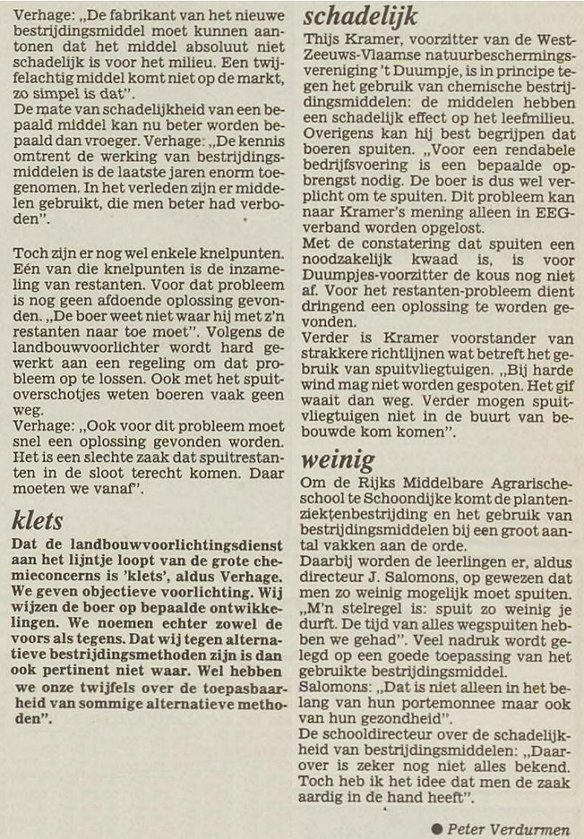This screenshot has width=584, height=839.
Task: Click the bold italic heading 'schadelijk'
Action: coord(361,16)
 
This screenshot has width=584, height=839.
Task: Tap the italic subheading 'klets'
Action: coord(38,520)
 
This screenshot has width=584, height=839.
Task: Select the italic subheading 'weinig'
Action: coord(339,460)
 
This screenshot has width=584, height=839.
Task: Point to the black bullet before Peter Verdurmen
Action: coord(437,827)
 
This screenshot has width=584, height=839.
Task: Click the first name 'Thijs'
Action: coord(322,40)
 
